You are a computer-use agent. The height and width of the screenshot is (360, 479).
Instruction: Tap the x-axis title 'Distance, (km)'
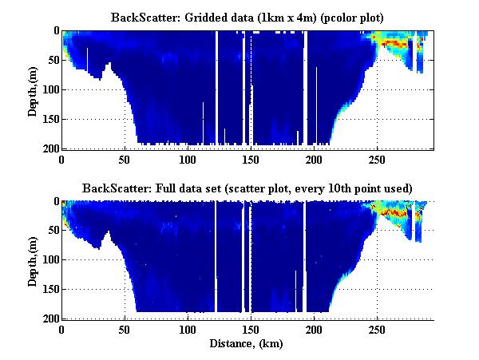(x=248, y=344)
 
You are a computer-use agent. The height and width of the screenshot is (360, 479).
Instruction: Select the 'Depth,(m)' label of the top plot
(x=33, y=89)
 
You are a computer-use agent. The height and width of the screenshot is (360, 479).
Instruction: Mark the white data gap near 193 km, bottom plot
(x=306, y=255)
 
